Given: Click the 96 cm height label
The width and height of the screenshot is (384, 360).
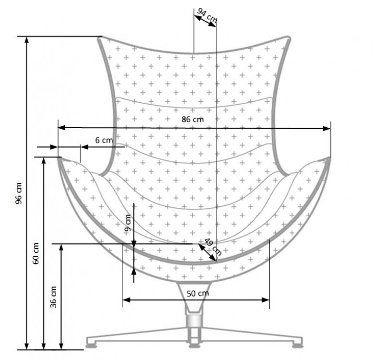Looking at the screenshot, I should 19,193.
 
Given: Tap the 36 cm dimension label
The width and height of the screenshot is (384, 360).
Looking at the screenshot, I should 54,296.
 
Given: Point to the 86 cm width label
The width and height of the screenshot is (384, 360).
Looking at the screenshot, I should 193,120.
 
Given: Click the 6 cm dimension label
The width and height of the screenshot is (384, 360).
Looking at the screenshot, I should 103,140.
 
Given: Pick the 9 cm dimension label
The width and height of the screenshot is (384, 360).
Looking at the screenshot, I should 127,223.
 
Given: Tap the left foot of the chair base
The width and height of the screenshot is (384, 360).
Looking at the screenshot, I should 93,343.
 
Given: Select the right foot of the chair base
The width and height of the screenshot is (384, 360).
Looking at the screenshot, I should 298,343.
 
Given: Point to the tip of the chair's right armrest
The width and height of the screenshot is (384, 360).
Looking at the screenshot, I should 329,158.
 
